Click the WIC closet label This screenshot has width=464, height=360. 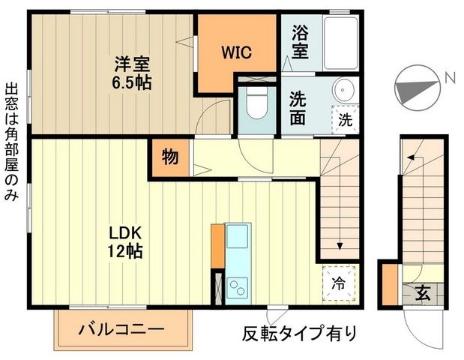(235, 52)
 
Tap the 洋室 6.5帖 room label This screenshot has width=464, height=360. (133, 73)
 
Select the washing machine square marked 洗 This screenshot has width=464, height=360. (345, 118)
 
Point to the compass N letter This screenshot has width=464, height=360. (449, 76)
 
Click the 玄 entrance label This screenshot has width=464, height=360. (423, 292)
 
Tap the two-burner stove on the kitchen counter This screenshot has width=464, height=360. (239, 286)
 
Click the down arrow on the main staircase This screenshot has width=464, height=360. (340, 244)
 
